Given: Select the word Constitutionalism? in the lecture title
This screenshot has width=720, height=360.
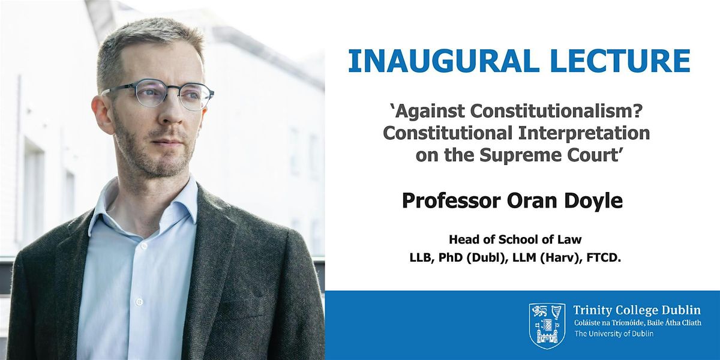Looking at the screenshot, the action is click(556, 111).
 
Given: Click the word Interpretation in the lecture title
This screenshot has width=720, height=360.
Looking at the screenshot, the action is click(584, 133).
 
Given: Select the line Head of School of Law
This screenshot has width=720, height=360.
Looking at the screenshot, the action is click(515, 239).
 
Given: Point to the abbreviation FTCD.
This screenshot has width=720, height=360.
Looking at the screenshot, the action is click(604, 258).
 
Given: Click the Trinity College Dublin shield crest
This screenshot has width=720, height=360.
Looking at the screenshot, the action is click(547, 326).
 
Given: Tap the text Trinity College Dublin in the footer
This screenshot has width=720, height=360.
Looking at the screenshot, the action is click(637, 310).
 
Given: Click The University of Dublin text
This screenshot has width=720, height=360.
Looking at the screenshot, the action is click(614, 334).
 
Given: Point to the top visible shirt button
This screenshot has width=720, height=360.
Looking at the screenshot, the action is click(143, 247).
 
